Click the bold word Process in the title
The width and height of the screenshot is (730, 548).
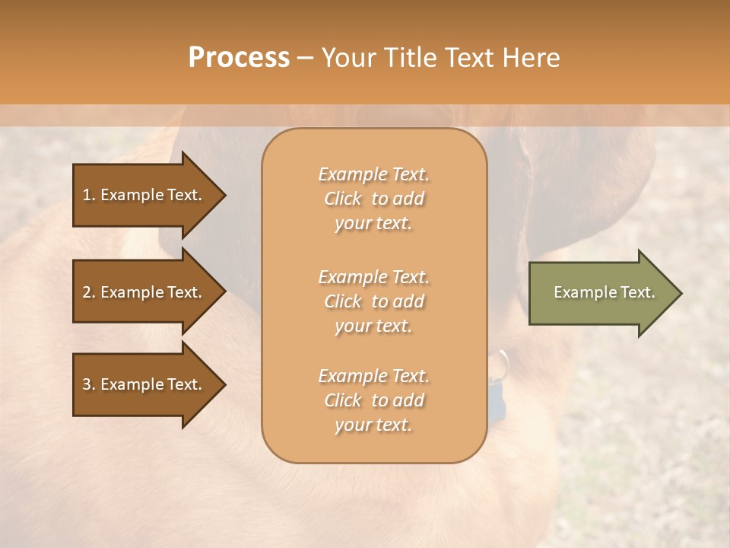click(239, 57)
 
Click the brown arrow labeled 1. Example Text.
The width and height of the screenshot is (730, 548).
click(144, 195)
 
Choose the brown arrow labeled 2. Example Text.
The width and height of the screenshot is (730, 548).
click(144, 292)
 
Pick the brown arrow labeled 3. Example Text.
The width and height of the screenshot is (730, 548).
click(144, 384)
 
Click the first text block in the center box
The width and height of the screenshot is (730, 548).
click(373, 199)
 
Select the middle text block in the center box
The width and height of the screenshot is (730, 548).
click(373, 301)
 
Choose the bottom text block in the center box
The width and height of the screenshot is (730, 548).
click(373, 400)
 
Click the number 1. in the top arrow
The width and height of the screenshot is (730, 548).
click(89, 195)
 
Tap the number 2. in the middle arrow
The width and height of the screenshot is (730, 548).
click(89, 292)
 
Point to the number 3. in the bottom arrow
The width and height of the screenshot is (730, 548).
click(89, 384)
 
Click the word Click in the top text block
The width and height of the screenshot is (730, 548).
click(343, 199)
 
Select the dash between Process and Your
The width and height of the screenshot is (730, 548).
click(306, 58)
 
